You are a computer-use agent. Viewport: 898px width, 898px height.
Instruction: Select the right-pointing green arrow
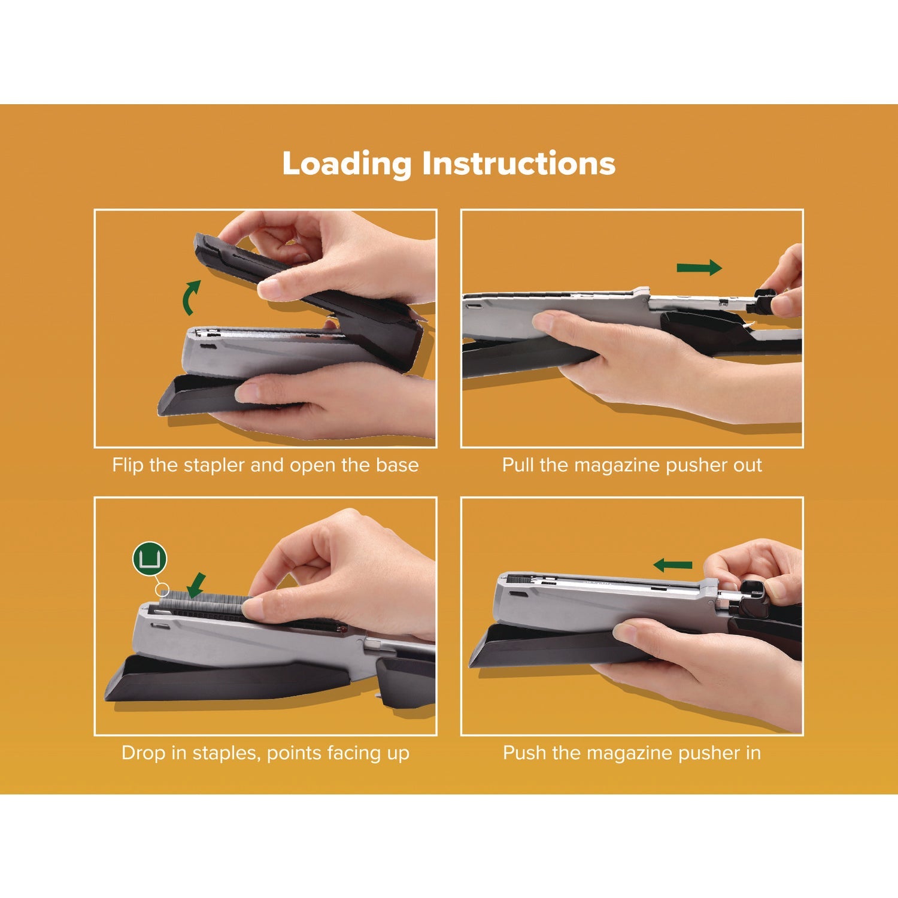699,268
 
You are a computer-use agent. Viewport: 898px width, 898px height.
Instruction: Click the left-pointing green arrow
673,565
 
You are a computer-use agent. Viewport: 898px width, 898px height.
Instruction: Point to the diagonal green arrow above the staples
196,584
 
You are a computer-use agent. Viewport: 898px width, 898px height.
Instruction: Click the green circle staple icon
149,559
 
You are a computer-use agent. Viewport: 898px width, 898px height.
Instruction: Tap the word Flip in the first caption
128,465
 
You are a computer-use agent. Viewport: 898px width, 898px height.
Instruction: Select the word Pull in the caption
518,465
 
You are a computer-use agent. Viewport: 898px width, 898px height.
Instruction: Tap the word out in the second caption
748,465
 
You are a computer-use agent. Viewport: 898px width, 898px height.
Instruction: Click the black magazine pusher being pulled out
763,302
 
